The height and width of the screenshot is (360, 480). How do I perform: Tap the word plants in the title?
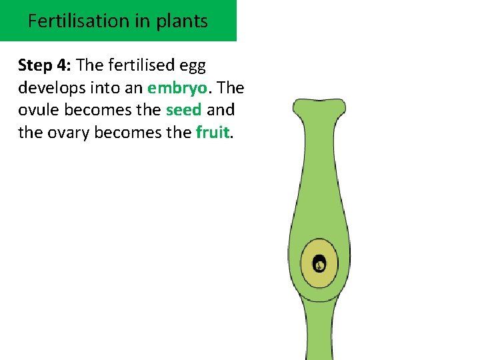point(181,21)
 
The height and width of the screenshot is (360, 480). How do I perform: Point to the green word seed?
point(183,110)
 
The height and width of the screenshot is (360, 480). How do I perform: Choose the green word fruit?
point(212,132)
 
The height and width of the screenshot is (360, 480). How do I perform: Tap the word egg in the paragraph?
point(193,67)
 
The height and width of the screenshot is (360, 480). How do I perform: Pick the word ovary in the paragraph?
point(69,132)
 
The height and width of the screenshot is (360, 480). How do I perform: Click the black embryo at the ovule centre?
point(319,265)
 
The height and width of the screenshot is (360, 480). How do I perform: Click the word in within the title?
point(142,21)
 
